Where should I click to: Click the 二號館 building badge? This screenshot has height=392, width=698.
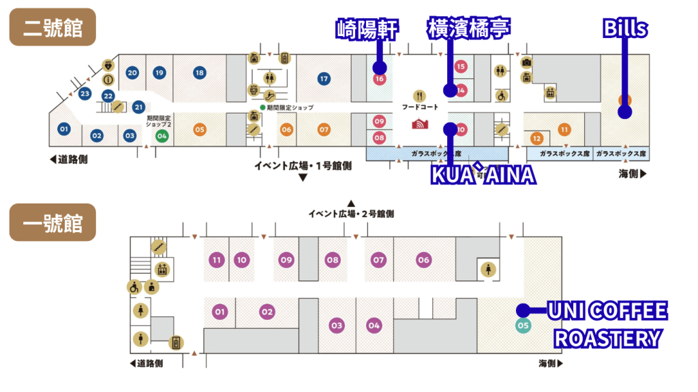pyautogui.click(x=52, y=27)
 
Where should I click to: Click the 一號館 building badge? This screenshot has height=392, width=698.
pyautogui.click(x=52, y=223)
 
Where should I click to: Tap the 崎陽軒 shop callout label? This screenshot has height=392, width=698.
pyautogui.click(x=367, y=29)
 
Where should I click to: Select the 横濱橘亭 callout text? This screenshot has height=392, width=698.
pyautogui.click(x=468, y=29)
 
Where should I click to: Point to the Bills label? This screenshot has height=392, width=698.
pyautogui.click(x=625, y=29)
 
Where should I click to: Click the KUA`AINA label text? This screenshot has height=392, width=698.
pyautogui.click(x=483, y=175)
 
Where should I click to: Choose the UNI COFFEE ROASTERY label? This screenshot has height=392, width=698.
pyautogui.click(x=607, y=324)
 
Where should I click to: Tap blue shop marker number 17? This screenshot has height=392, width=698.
pyautogui.click(x=324, y=79)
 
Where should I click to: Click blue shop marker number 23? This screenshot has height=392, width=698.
pyautogui.click(x=85, y=93)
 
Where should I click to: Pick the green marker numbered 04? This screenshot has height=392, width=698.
pyautogui.click(x=162, y=135)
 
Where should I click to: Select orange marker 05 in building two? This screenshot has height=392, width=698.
pyautogui.click(x=200, y=129)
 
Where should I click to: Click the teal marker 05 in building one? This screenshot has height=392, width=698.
pyautogui.click(x=523, y=325)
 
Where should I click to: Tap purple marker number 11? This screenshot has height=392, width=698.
pyautogui.click(x=217, y=259)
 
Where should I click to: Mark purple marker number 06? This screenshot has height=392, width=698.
pyautogui.click(x=423, y=259)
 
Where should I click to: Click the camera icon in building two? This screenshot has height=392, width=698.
pyautogui.click(x=526, y=63)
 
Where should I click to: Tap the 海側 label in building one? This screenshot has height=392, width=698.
pyautogui.click(x=550, y=363)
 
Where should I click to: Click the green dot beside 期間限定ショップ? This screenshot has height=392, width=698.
pyautogui.click(x=262, y=108)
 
